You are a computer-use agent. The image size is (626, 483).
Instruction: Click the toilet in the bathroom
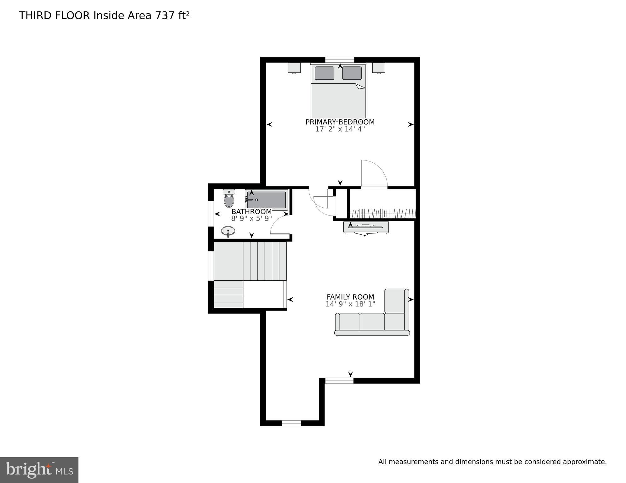229,199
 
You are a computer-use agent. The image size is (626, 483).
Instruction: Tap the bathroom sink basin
228,232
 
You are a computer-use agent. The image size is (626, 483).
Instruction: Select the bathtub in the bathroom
267,200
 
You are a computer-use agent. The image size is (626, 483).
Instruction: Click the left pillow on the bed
324,73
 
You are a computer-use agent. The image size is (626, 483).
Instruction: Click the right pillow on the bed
352,73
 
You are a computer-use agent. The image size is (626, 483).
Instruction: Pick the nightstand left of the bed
294,68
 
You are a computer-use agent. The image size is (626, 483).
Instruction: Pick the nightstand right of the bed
379,68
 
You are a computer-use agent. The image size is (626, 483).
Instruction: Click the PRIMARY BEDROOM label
340,122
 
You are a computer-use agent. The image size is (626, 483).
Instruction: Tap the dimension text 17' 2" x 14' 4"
340,129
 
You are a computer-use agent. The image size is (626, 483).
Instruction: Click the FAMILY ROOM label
350,297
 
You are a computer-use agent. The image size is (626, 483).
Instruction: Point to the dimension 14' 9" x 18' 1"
350,304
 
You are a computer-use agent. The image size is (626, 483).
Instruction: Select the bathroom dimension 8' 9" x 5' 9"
251,219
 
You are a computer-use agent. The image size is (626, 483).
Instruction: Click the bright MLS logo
39,470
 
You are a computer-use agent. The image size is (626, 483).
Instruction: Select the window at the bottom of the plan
291,424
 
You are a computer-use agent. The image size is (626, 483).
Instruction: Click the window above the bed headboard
340,59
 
